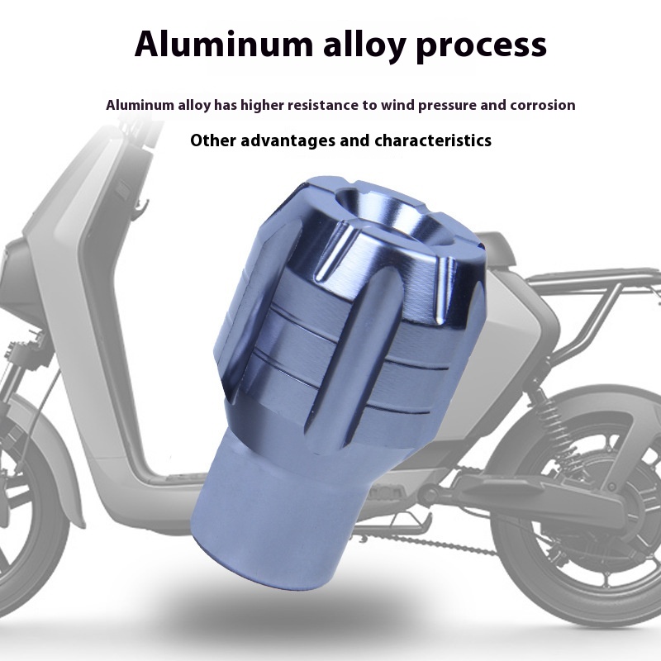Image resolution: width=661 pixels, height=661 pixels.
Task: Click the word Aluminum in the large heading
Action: [x=224, y=44]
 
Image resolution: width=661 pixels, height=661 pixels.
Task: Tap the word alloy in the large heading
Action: [x=364, y=46]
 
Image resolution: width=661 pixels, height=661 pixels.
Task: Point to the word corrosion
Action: [x=543, y=105]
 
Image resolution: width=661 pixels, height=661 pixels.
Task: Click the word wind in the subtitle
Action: [x=397, y=105]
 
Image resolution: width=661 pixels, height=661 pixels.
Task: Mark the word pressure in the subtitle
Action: [x=447, y=106]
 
